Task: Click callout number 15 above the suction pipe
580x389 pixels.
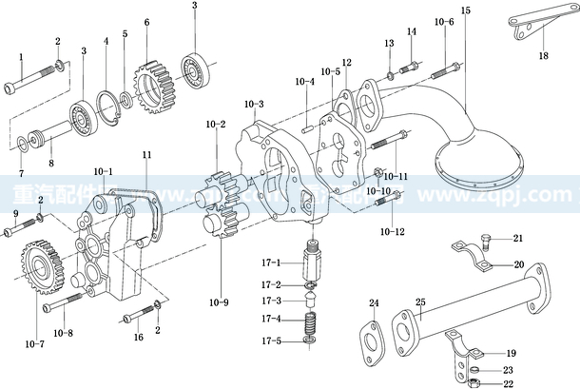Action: click(465, 10)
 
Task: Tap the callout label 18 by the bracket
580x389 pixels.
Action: click(544, 56)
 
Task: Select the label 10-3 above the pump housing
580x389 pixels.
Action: click(254, 103)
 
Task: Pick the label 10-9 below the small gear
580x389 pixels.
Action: click(219, 303)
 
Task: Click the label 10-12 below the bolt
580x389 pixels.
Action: click(391, 231)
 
